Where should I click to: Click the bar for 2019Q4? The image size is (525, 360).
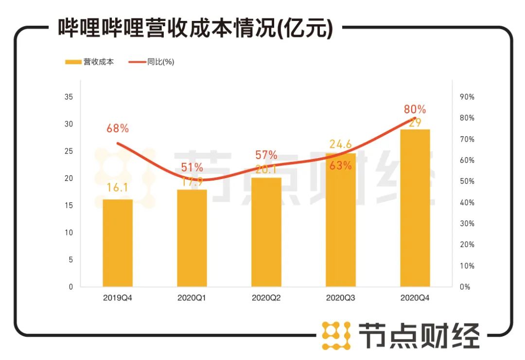point(118,243)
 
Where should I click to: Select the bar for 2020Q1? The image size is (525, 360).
point(192,238)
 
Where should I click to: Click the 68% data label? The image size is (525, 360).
point(118,128)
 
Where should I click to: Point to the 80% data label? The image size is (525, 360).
point(415,109)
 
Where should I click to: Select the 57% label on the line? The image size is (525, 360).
point(266,155)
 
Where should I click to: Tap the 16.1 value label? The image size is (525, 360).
point(117,188)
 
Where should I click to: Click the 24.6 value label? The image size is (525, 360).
point(341,144)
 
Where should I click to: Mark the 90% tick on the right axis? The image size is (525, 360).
point(467,97)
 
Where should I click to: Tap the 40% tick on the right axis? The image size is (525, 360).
point(467,202)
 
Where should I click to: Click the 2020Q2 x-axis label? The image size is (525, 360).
point(266,298)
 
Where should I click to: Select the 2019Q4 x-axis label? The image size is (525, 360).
point(118,298)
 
